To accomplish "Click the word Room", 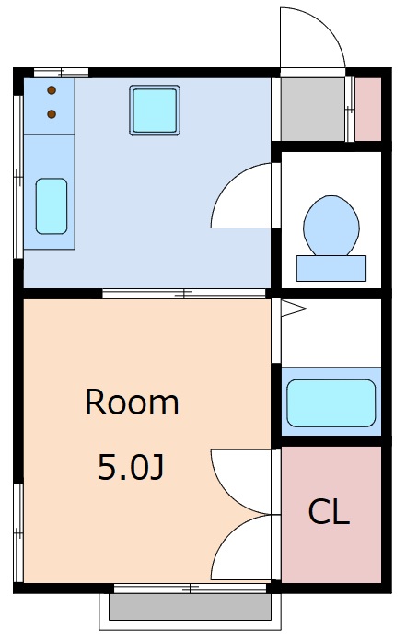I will pos(132,403).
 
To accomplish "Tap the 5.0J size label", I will pos(131,469).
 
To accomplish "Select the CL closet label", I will pos(329,512).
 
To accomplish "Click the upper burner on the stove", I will pos(51,89).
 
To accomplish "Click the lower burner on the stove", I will pos(51,114).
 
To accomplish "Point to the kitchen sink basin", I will pos(52,205).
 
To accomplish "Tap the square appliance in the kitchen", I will pos(154,111).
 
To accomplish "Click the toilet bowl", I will pos(331,225).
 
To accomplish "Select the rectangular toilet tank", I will pos(331,268).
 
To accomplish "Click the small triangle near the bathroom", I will pos(291,309).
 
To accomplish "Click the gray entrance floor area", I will pos(312,109).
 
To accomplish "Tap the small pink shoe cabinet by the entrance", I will pos(368,109).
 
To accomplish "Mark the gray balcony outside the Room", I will pos(191,607).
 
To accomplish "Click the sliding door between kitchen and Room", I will pos(185,294).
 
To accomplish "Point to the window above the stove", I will pos(61,72).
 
